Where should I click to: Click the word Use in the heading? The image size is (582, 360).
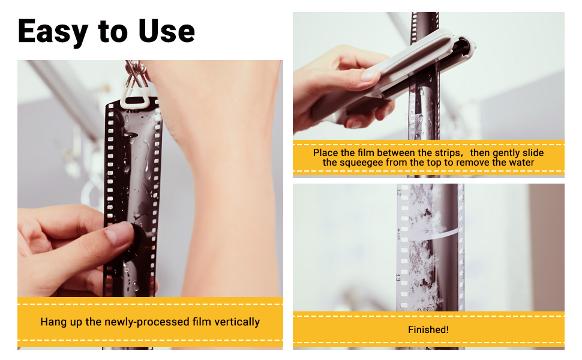167,31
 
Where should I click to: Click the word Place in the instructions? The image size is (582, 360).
326,153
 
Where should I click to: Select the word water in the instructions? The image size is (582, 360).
520,163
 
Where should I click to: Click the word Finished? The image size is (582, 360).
428,329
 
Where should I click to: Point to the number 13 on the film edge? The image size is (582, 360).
398,278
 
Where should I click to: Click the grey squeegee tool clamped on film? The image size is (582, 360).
414,66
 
